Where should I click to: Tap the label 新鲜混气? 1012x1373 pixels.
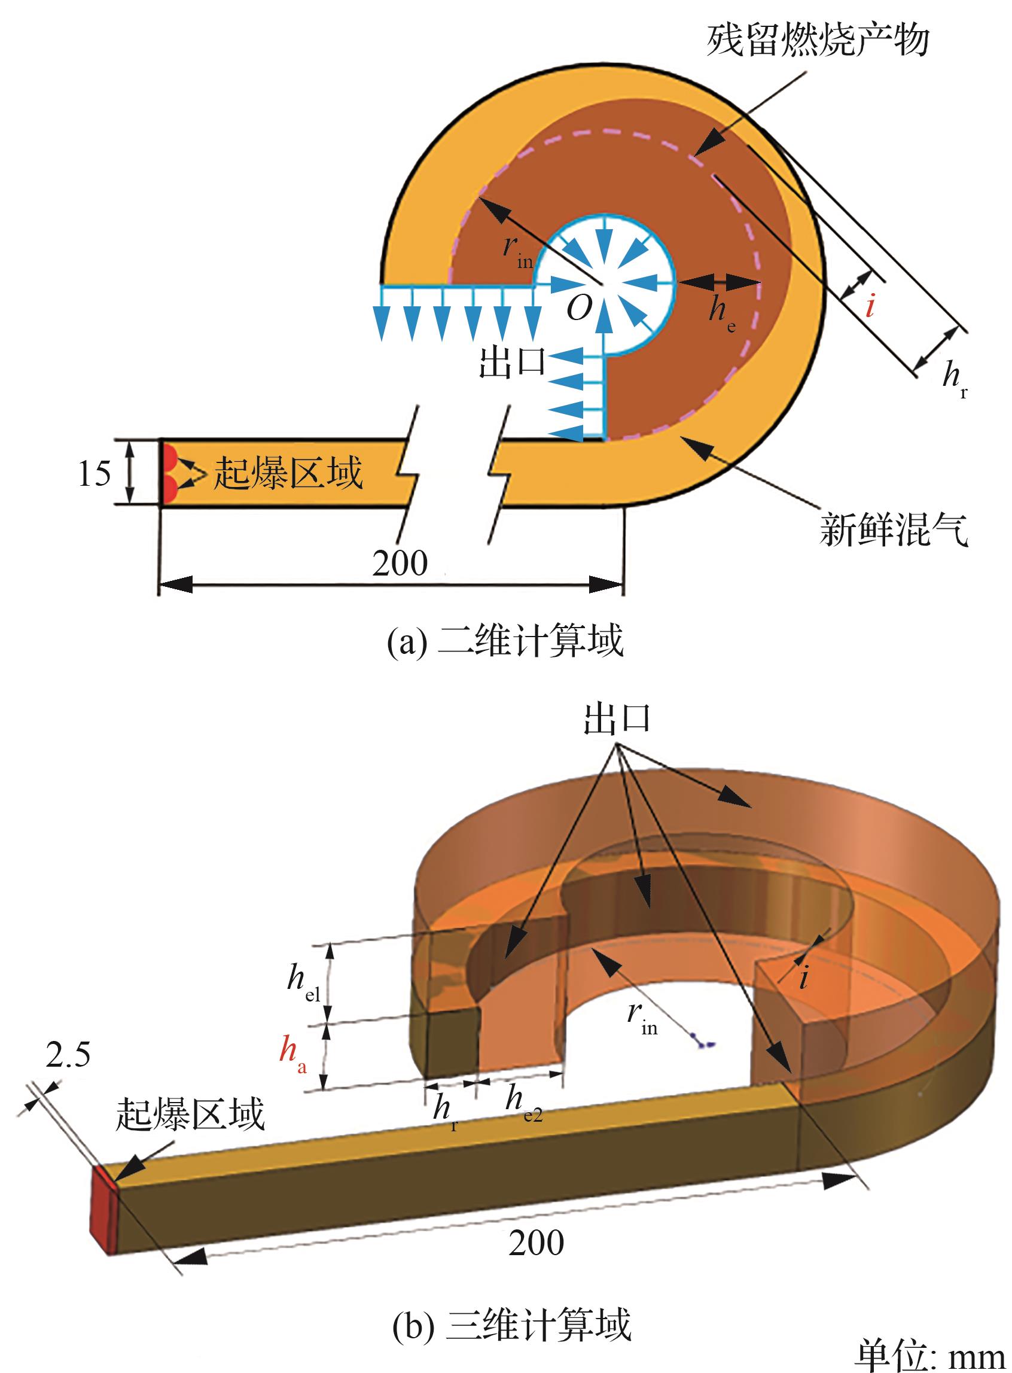[x=894, y=530]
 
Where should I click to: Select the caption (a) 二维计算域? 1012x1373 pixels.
[x=505, y=640]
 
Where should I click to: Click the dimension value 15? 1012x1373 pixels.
[x=95, y=474]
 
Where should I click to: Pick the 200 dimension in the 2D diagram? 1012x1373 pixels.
[x=400, y=562]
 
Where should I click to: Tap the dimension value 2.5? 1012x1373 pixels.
[x=68, y=1054]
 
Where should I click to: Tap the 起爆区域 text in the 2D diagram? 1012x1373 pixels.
[x=288, y=473]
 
